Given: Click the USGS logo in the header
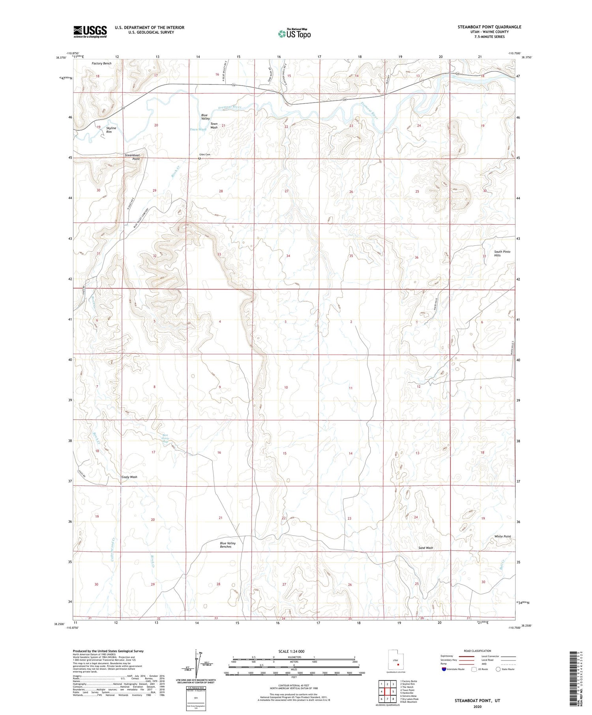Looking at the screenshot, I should tap(90, 32).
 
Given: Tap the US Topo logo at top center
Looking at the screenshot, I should tap(294, 34).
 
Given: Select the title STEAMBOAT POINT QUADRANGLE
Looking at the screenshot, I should tap(489, 27).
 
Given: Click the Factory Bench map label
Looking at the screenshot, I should tap(101, 63).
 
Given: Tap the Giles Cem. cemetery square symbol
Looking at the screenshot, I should tap(199, 159).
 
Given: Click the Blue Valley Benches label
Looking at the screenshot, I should tap(228, 545).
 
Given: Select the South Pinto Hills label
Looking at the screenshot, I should tap(502, 253).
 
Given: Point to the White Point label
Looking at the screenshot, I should tap(502, 536).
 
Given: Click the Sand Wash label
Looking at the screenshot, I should tap(425, 548).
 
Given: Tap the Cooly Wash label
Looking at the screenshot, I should tap(129, 477).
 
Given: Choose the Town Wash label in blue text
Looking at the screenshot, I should tap(198, 129).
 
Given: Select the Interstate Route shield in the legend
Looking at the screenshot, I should tap(444, 669).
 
